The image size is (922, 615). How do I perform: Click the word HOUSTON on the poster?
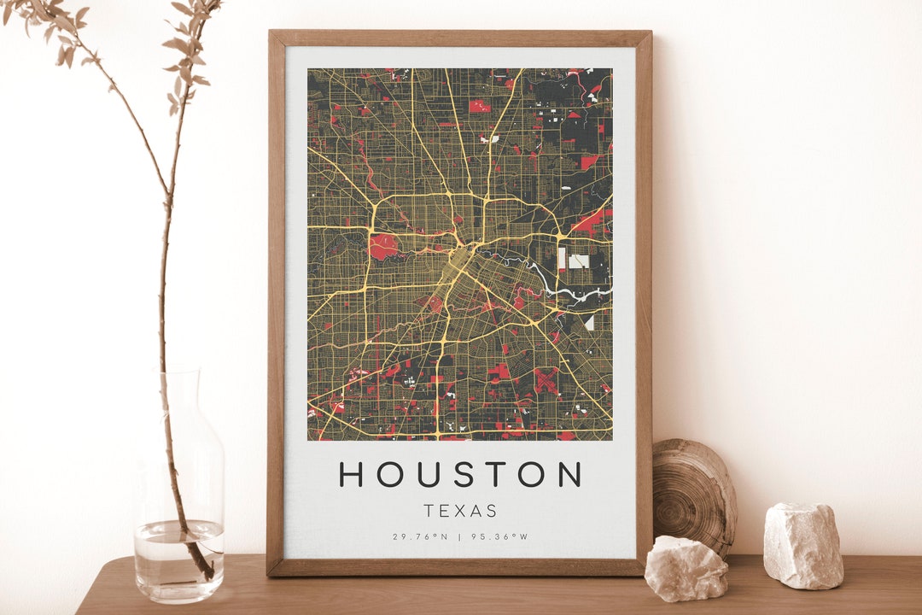point(460,473)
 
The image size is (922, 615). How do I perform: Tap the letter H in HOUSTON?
point(352,473)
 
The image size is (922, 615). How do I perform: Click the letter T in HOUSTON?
point(494,473)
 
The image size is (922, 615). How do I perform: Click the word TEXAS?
point(460,511)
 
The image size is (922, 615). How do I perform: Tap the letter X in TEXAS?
point(461,511)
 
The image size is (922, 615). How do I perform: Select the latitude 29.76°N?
point(420,536)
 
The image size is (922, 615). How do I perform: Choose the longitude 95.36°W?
point(499,536)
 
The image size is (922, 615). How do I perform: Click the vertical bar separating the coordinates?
point(459,536)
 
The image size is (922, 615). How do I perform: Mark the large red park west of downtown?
point(385,247)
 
